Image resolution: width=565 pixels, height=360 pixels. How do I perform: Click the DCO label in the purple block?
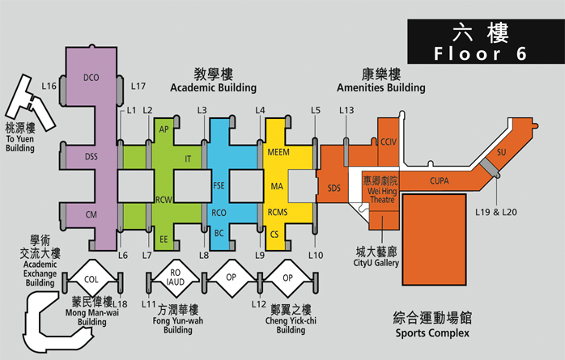91,78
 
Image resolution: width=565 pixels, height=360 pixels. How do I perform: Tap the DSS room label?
91,157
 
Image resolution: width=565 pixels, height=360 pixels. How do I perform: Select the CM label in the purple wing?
91,214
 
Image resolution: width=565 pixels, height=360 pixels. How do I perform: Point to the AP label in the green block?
164,129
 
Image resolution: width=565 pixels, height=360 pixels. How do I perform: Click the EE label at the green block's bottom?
164,239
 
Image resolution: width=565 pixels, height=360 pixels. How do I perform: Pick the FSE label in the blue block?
219,185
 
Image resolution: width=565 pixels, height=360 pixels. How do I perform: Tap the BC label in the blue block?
219,233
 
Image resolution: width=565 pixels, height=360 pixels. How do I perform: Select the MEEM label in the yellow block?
278,152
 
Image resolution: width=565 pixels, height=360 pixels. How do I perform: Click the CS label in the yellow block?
274,235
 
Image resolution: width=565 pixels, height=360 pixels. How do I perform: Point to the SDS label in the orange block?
334,188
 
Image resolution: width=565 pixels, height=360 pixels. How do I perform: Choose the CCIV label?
389,142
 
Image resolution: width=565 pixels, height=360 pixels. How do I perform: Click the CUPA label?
440,180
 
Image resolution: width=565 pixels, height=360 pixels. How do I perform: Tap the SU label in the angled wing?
502,152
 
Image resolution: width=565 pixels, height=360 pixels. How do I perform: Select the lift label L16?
49,86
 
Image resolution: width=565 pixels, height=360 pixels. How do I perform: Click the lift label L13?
346,110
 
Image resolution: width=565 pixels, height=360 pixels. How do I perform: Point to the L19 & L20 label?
496,212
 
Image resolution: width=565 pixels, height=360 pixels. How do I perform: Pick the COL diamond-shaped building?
91,279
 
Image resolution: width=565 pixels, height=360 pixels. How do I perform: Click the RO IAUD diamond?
176,277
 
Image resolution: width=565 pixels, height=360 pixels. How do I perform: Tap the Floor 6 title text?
480,53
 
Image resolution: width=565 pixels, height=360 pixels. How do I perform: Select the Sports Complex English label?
432,333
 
